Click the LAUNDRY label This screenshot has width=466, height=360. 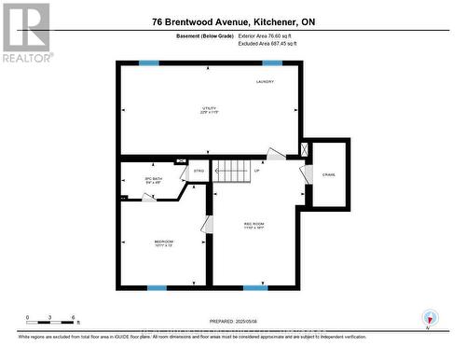coord(267,83)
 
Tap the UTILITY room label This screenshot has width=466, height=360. coord(209,111)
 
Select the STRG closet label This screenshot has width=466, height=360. coord(199,172)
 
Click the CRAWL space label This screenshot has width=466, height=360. coord(329,174)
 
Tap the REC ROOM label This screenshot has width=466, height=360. coord(254,225)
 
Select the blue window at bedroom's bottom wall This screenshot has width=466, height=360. coord(157,287)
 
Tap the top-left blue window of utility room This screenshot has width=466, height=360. coord(149,62)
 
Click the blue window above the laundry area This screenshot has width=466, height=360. coord(272,62)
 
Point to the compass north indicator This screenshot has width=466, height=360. coord(428,317)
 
